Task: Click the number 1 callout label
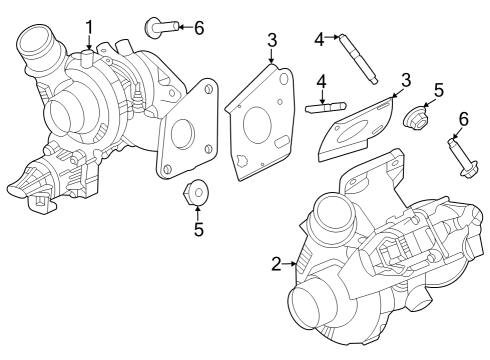pos(90,27)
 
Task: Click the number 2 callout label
pos(276,264)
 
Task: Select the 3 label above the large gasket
pos(272,40)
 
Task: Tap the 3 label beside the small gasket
pos(406,80)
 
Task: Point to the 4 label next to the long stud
pos(320,39)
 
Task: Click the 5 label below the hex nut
pos(198,229)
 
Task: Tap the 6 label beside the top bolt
pos(198,27)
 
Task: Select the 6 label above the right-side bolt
pos(462,119)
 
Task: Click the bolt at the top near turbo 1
pos(160,26)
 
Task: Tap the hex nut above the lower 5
pos(197,192)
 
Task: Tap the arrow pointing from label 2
pos(292,264)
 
